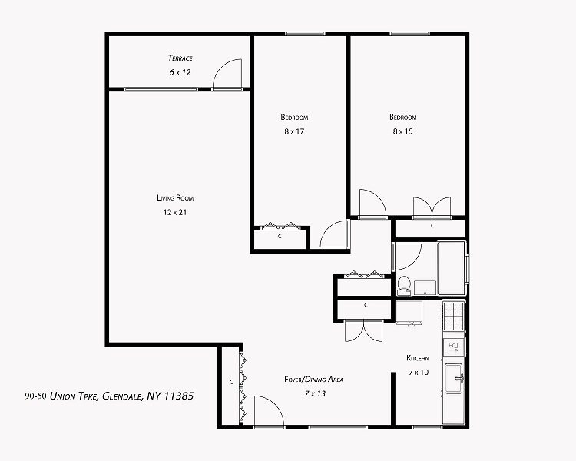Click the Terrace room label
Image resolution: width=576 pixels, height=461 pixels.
[180, 58]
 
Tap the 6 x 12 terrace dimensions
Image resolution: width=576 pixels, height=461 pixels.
[180, 72]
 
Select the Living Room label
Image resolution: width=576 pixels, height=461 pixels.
[175, 197]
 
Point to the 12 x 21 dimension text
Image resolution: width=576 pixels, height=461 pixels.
[175, 212]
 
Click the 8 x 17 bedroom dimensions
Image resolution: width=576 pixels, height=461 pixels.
[294, 131]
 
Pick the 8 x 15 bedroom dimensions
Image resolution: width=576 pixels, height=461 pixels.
[403, 131]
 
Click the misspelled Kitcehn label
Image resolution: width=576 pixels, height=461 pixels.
[418, 358]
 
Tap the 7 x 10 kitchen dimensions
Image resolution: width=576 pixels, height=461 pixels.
[419, 373]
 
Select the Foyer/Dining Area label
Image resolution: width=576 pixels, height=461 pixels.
[313, 380]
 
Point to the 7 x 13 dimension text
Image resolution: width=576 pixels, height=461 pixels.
[315, 393]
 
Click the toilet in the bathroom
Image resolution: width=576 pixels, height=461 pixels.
[404, 285]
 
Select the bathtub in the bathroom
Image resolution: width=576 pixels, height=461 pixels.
[452, 267]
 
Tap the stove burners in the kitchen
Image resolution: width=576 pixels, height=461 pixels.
[454, 316]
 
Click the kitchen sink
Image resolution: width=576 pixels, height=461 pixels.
[454, 379]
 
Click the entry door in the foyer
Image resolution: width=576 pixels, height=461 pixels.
[269, 411]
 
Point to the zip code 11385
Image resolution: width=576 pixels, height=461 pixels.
[178, 396]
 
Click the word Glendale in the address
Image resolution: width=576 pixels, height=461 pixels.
[122, 396]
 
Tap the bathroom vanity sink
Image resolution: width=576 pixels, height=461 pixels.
[425, 288]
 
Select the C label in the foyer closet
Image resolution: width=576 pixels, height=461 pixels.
[231, 382]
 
